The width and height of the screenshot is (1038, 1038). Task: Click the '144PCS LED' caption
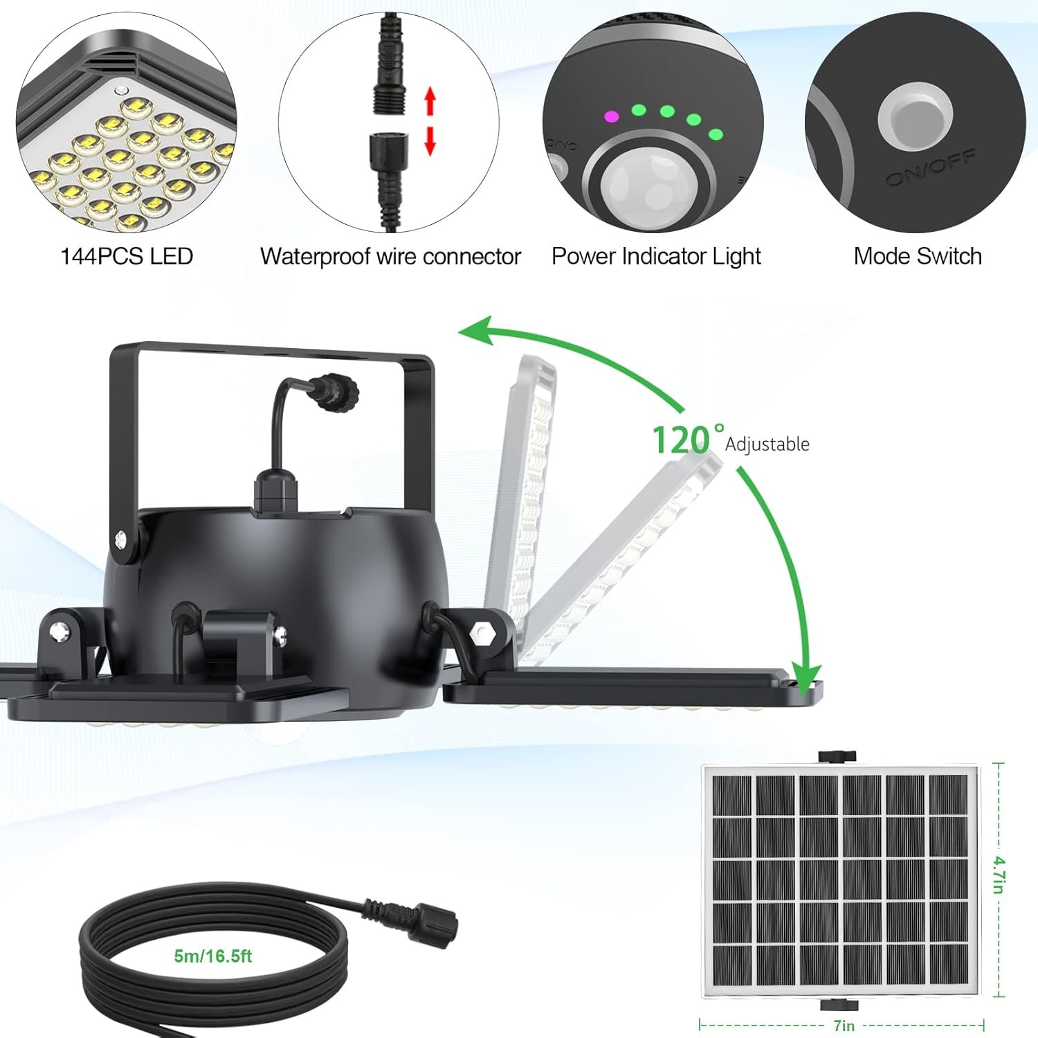click(127, 257)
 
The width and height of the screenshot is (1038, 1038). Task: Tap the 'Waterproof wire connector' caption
click(390, 257)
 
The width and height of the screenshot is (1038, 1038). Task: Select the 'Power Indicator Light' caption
click(656, 257)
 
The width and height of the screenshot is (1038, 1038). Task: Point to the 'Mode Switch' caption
click(918, 257)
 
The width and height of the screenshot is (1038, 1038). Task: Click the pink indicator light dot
click(611, 116)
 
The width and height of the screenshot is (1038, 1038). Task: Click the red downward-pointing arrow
click(430, 140)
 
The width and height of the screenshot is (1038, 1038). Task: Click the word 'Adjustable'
click(767, 444)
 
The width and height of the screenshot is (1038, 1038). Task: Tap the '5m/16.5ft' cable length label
click(213, 956)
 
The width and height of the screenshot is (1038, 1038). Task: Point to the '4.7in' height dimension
click(999, 875)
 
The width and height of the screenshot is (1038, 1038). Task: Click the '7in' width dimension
click(844, 1026)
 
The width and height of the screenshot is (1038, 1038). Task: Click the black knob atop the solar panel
click(837, 756)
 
